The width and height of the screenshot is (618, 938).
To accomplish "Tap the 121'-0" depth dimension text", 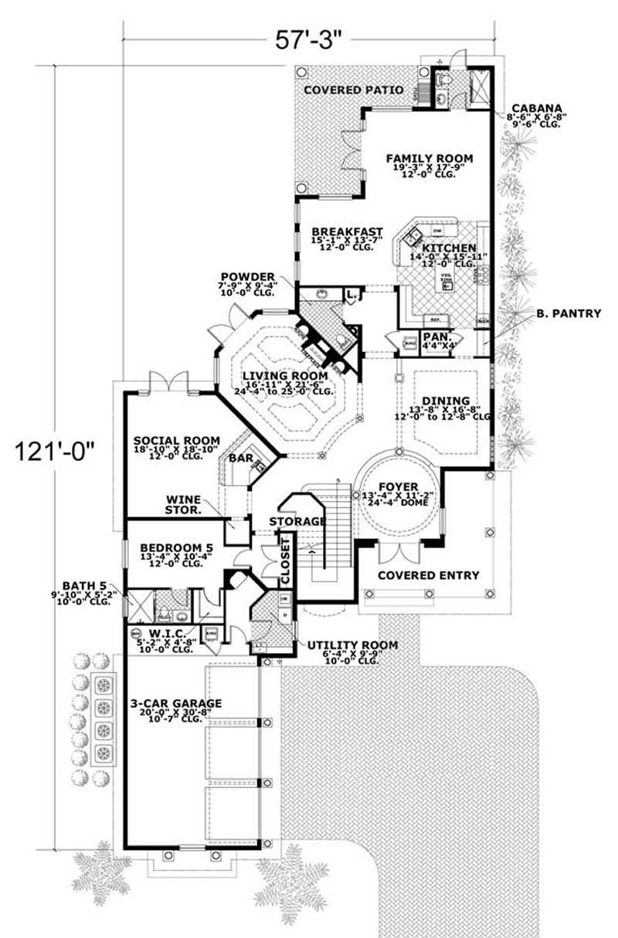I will [x=52, y=449].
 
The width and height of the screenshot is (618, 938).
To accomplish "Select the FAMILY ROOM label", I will [x=430, y=158].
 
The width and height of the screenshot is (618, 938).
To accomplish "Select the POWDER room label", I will [x=247, y=276].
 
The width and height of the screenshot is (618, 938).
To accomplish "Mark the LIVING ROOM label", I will [x=287, y=375].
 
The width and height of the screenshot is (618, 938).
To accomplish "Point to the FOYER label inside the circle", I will [x=396, y=486].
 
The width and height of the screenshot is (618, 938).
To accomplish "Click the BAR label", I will [x=240, y=457].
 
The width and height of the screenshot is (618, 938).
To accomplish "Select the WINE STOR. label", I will [x=184, y=505].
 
